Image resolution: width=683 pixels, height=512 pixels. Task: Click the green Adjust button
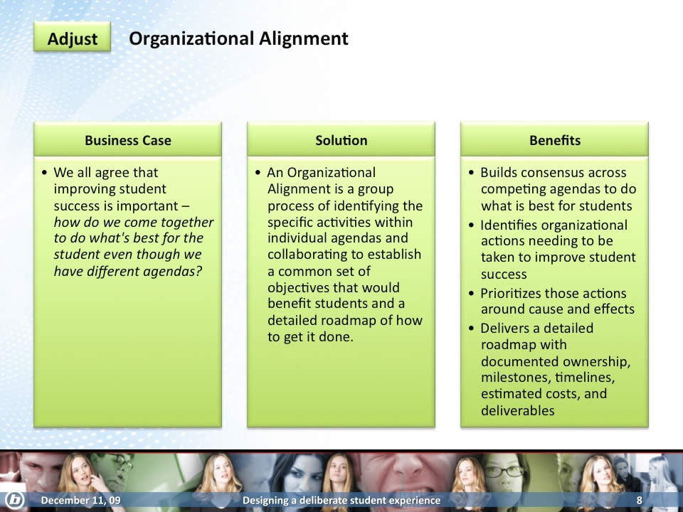[x=73, y=38]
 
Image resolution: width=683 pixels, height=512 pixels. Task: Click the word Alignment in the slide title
[x=304, y=39]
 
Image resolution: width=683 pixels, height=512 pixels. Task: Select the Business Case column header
[x=127, y=140]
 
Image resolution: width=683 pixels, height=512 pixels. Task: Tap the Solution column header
[x=341, y=140]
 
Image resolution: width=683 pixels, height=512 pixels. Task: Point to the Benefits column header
[x=554, y=140]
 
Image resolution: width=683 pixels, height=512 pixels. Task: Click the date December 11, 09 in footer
[x=80, y=500]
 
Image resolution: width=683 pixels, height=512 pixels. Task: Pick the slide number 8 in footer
[x=640, y=500]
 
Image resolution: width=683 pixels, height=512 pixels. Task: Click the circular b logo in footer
[x=14, y=500]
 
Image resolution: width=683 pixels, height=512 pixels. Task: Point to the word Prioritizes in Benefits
[x=509, y=294]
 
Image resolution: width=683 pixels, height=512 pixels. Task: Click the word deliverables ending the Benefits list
[x=517, y=410]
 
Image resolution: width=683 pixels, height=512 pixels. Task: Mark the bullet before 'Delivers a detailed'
[x=471, y=328]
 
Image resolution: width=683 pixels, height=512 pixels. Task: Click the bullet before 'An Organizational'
[x=258, y=173]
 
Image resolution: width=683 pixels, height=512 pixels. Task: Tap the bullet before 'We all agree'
[x=44, y=173]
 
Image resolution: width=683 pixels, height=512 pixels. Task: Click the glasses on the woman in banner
[x=505, y=471]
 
